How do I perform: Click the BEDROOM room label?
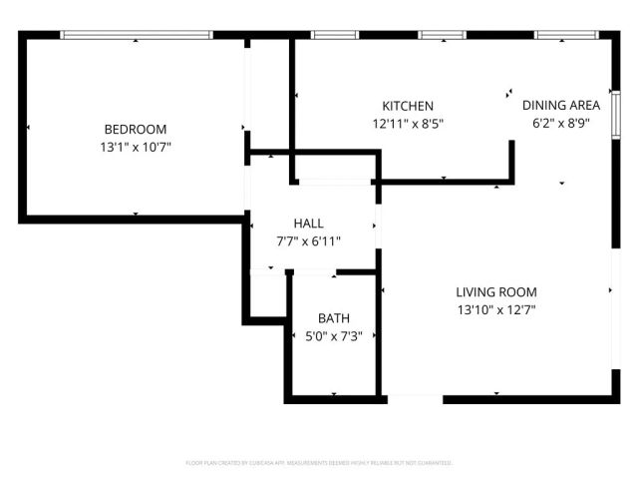click(136, 129)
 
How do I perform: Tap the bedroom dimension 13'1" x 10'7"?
click(136, 147)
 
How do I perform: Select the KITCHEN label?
click(408, 106)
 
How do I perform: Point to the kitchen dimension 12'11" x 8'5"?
click(408, 124)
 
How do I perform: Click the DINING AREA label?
click(560, 105)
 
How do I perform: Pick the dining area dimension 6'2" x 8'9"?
click(560, 124)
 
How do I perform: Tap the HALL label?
click(308, 223)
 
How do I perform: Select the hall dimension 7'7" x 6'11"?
click(308, 240)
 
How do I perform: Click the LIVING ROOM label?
click(496, 292)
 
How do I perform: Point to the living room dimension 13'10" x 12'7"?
click(496, 310)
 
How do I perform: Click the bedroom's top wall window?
click(137, 35)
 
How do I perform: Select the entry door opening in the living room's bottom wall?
click(415, 399)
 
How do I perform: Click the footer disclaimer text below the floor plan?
click(319, 463)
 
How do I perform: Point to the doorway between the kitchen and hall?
click(333, 182)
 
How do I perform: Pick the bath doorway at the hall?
click(312, 271)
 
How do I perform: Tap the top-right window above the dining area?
click(564, 35)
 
